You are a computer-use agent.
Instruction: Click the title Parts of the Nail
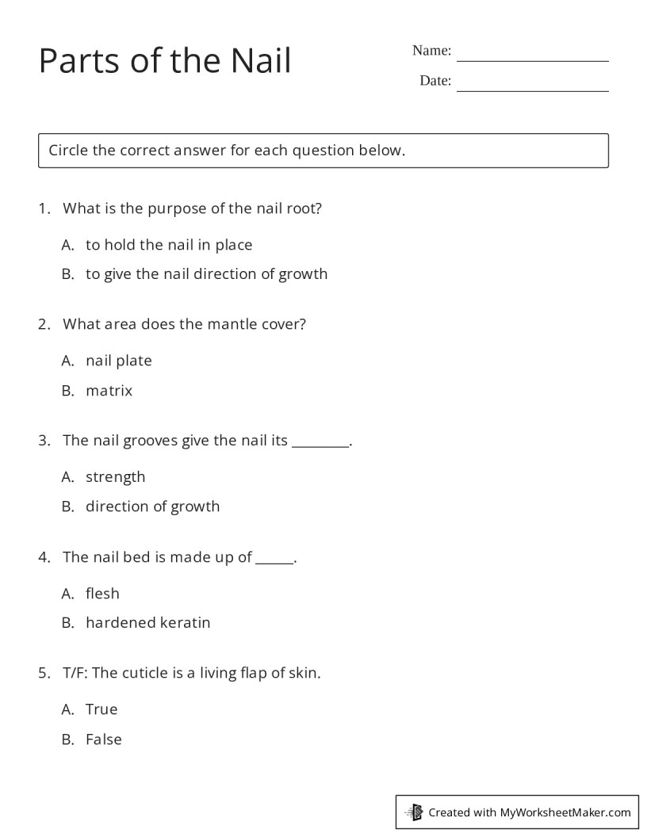click(x=165, y=61)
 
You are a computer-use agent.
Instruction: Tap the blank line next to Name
click(x=532, y=56)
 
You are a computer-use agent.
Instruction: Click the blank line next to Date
click(x=532, y=86)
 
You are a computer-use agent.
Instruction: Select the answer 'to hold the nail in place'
click(x=168, y=245)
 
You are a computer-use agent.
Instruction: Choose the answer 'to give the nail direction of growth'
click(x=206, y=274)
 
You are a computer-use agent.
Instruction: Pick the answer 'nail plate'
click(x=118, y=361)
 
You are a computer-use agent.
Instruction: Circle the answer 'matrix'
click(x=109, y=391)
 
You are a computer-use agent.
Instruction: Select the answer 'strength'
click(x=115, y=477)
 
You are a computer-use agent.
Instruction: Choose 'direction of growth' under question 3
click(x=152, y=506)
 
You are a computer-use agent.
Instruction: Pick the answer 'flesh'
click(x=102, y=594)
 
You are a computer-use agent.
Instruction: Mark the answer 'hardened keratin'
click(x=147, y=623)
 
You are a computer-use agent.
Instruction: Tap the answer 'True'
click(x=101, y=709)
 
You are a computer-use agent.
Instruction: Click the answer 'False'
click(x=103, y=740)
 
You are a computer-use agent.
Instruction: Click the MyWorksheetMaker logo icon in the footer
click(x=414, y=812)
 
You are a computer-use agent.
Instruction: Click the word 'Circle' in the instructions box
click(x=68, y=151)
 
